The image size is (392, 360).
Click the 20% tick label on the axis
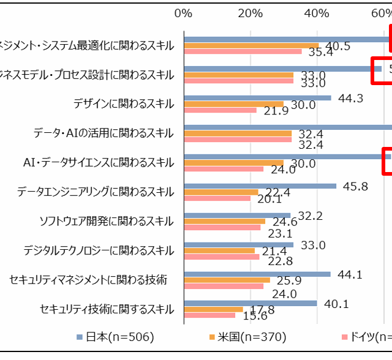[x=250, y=13]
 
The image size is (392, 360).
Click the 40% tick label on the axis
[x=317, y=13]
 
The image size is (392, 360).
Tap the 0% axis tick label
[x=183, y=13]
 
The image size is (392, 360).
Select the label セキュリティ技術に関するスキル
[x=107, y=309]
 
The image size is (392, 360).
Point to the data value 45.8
[x=355, y=186]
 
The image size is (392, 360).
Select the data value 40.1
[x=336, y=303]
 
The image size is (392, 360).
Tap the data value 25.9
[x=288, y=280]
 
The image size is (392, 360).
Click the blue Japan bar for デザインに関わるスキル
[x=257, y=98]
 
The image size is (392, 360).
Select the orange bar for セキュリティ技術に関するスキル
[x=213, y=309]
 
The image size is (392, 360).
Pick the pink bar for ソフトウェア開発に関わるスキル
[x=222, y=228]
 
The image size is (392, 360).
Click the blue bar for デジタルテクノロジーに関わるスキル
[x=238, y=244]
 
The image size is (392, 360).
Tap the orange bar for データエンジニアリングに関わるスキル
[x=221, y=192]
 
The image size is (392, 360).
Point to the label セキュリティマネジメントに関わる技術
[x=89, y=280]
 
